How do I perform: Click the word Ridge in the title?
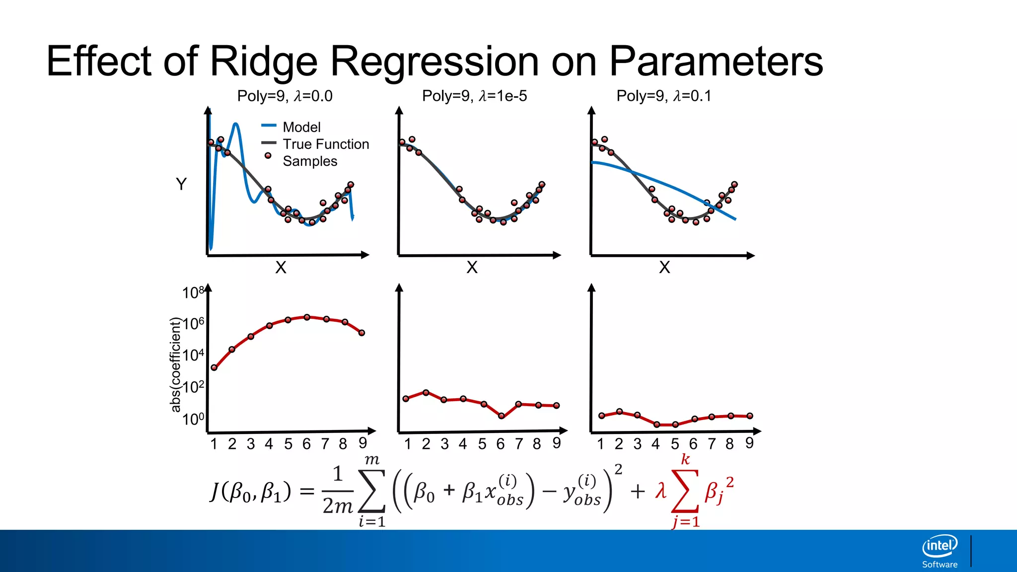click(x=263, y=62)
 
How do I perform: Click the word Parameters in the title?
click(x=716, y=62)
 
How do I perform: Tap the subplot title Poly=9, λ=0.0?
click(x=285, y=96)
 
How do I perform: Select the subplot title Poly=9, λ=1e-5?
click(x=474, y=96)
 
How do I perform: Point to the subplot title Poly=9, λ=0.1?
click(x=663, y=96)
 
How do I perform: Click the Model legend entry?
click(x=301, y=127)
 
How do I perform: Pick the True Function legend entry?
click(x=325, y=144)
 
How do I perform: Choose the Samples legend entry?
click(x=309, y=161)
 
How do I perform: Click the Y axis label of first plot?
click(x=181, y=184)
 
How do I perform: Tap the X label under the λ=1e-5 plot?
click(x=472, y=268)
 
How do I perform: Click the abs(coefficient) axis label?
click(x=175, y=365)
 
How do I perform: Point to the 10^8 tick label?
click(x=193, y=292)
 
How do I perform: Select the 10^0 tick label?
click(x=193, y=419)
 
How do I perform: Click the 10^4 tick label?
click(x=193, y=355)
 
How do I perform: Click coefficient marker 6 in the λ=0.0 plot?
click(x=307, y=317)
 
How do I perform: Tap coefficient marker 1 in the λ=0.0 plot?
click(x=214, y=367)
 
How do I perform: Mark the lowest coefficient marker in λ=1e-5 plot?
click(x=502, y=416)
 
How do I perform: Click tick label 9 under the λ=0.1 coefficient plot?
click(x=749, y=443)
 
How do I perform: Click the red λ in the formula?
click(x=660, y=491)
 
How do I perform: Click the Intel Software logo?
click(x=940, y=551)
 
